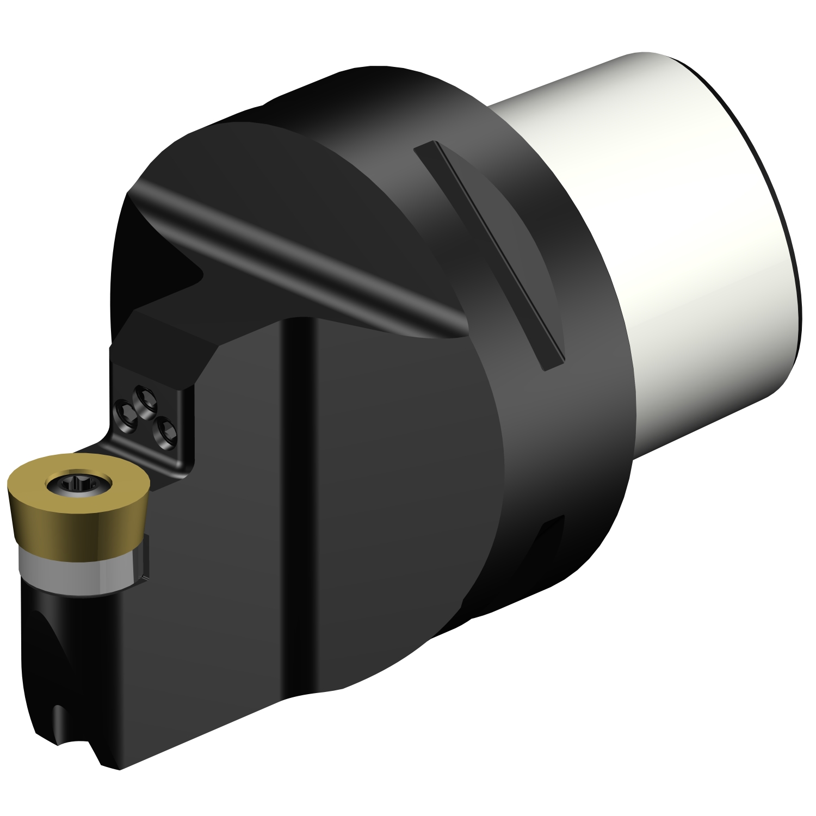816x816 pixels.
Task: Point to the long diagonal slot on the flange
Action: pos(490,256)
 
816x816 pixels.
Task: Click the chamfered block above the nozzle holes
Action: pos(163,343)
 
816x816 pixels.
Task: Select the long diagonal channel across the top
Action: pos(305,256)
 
